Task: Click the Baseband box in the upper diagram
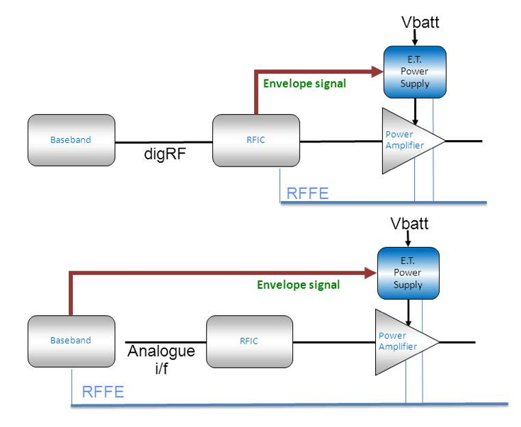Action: click(x=71, y=140)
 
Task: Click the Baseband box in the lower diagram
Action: click(x=71, y=341)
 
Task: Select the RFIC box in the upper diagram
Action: click(x=256, y=140)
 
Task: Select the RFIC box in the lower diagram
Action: click(x=249, y=341)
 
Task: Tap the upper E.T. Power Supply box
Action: click(x=414, y=72)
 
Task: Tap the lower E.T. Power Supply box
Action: click(x=408, y=273)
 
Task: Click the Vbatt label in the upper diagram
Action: click(x=420, y=22)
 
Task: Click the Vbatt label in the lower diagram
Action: click(x=410, y=224)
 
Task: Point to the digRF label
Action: click(x=164, y=154)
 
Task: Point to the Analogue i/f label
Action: click(x=161, y=359)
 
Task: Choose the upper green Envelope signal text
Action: click(x=304, y=84)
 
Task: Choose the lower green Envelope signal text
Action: click(x=298, y=285)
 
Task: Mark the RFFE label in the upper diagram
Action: click(x=307, y=193)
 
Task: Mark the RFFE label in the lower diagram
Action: click(x=103, y=392)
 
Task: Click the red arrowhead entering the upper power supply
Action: click(x=376, y=71)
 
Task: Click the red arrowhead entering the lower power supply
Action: click(x=370, y=272)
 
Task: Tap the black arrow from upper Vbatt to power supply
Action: click(x=415, y=38)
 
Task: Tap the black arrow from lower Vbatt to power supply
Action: click(x=408, y=240)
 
